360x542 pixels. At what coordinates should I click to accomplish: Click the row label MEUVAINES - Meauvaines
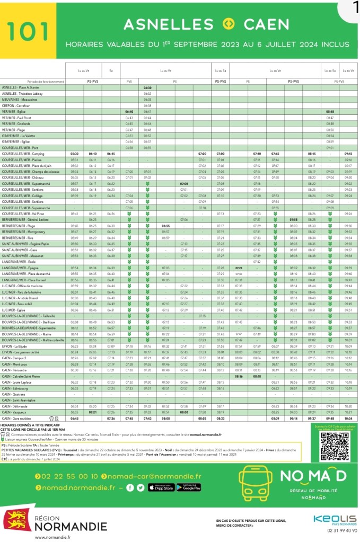[x=21, y=99]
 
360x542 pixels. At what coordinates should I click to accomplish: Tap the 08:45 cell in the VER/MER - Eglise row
[x=330, y=112]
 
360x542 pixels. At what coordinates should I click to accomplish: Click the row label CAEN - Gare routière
[x=18, y=418]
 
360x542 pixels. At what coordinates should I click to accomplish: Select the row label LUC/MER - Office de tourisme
[x=25, y=286]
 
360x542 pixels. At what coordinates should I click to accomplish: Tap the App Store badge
[x=161, y=487]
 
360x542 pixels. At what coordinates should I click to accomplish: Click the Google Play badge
[x=188, y=487]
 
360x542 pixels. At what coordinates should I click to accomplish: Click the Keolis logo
[x=335, y=520]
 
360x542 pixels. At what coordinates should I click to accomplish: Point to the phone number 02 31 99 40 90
[x=335, y=530]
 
